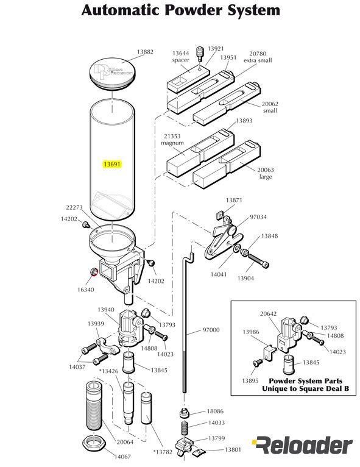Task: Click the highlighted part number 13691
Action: coord(113,165)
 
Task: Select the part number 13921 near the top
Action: coord(216,48)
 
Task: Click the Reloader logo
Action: coord(302,446)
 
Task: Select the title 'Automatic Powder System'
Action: coord(181,10)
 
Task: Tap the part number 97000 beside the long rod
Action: coord(211,330)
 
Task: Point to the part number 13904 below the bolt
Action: coord(246,278)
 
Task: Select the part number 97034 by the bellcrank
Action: coord(258,217)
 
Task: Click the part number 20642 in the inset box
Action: coord(268,314)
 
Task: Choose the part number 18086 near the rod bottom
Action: coord(216,412)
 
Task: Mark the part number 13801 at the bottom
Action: coord(233,449)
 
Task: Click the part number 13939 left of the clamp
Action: coord(96,324)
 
